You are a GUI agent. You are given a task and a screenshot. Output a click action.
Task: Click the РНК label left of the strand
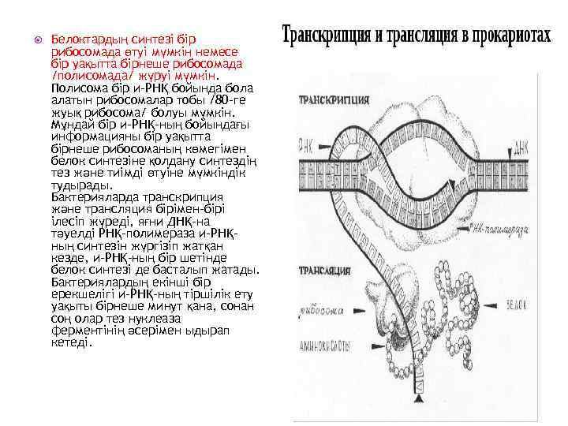pyautogui.click(x=305, y=148)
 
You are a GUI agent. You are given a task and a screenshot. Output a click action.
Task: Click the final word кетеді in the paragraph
pyautogui.click(x=69, y=343)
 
